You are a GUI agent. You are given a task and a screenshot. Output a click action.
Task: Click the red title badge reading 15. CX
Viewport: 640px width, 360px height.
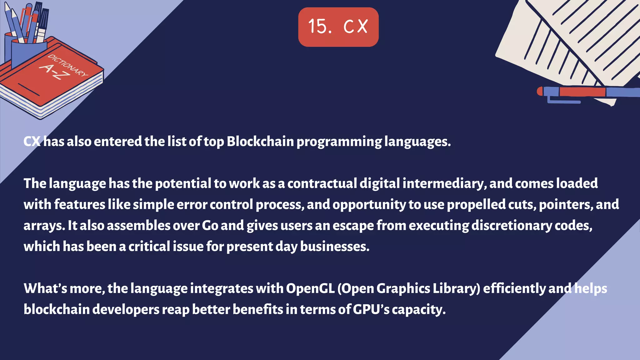[x=338, y=27]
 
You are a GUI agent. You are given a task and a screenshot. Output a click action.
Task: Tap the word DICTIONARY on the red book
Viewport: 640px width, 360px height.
[x=68, y=65]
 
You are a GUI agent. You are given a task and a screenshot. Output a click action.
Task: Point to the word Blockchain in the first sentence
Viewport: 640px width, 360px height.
[x=260, y=142]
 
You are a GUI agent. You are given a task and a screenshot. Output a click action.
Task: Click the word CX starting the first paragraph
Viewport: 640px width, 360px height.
[x=32, y=142]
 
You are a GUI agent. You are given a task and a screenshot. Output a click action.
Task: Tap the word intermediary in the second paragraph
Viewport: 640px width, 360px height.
[x=444, y=183]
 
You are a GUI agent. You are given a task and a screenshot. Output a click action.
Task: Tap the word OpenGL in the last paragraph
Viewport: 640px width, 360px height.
[x=310, y=288]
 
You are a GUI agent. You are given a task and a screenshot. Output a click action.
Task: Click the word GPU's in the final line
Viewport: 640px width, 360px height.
[x=371, y=309]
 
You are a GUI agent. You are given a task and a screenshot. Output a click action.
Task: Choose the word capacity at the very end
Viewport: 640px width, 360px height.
[x=418, y=310]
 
